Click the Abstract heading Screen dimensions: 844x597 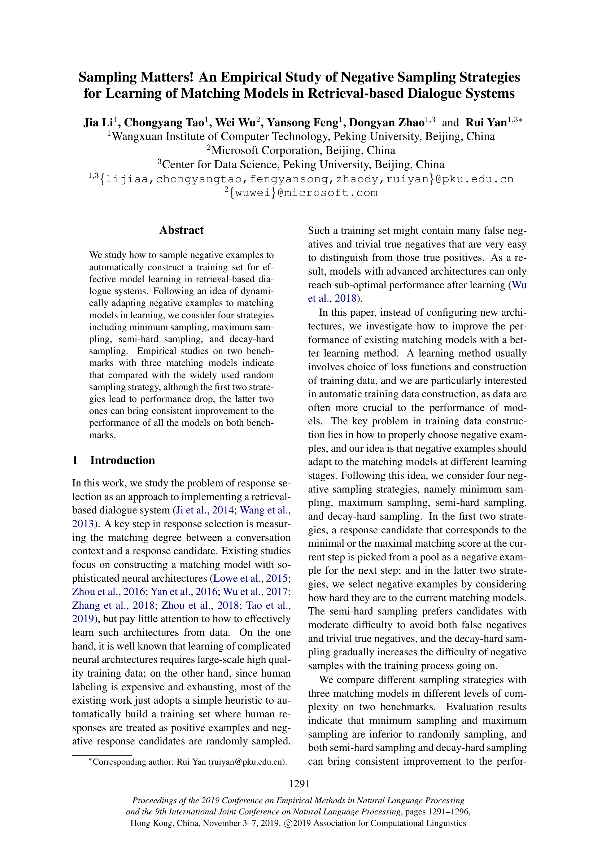pos(181,230)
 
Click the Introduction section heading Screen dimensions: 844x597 pos(122,460)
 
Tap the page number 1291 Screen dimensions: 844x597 pos(299,784)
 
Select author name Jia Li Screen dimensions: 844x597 pos(98,122)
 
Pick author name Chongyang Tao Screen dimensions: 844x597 pos(164,122)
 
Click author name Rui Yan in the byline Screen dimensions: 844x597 pos(486,122)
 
